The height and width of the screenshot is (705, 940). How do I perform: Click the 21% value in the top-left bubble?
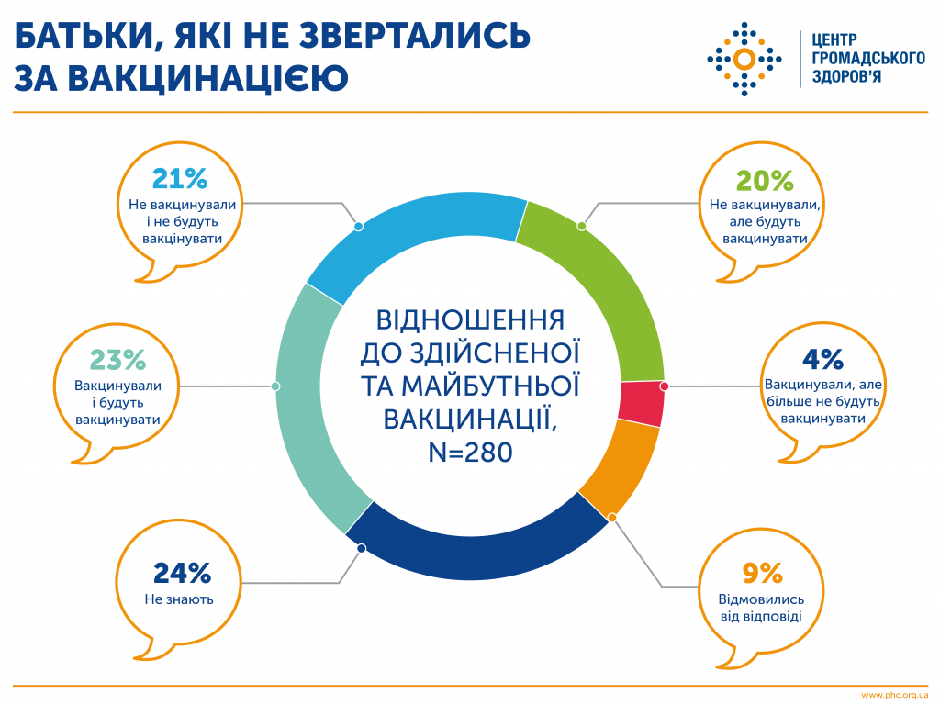[180, 178]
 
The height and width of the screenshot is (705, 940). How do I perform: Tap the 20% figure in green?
[765, 181]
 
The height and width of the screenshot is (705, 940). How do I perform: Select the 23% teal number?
[117, 360]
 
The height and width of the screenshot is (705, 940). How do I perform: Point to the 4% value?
[822, 359]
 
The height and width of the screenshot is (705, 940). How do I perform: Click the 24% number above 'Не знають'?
[183, 573]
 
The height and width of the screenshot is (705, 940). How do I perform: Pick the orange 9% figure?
[763, 573]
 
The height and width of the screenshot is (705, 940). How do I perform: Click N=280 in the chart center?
[471, 452]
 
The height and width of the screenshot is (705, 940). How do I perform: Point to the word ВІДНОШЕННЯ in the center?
[471, 320]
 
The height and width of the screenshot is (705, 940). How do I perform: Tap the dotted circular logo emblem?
[744, 60]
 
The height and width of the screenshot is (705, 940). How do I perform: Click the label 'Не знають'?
[179, 599]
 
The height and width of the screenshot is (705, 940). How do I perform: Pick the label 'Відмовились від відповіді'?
[761, 608]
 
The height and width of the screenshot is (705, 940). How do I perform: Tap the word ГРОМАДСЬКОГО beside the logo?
[868, 58]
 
